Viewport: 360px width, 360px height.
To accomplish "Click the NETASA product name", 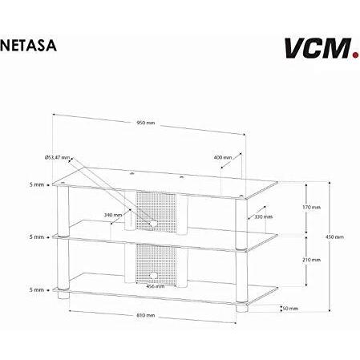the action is (x=28, y=46).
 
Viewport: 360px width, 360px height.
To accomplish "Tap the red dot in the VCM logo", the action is (x=355, y=55).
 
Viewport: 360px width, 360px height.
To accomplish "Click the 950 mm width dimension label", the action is (x=146, y=123).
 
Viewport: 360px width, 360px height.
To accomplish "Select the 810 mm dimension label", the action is (x=146, y=315).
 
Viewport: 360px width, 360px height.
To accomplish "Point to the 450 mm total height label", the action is (x=334, y=237).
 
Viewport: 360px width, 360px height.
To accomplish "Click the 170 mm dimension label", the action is (x=311, y=207).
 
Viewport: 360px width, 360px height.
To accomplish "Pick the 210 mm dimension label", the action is (x=311, y=260).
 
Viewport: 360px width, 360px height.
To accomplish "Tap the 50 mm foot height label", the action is (x=290, y=309).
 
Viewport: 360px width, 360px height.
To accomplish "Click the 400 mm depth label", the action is (x=223, y=157).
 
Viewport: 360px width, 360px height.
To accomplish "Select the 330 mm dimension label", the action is (x=264, y=216).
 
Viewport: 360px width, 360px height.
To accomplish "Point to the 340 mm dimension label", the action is (x=113, y=215).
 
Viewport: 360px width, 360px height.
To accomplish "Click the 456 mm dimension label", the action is (x=156, y=286).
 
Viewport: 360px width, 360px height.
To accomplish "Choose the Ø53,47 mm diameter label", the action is (x=57, y=157).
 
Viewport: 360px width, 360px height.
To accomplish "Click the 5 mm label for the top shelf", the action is (x=37, y=184).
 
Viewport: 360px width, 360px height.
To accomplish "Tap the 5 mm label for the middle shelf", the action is (x=37, y=237).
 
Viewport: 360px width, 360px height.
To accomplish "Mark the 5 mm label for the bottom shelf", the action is (x=37, y=289).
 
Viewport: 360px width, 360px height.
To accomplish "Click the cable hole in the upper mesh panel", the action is (x=153, y=224).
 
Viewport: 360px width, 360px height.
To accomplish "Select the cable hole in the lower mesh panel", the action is (x=153, y=275).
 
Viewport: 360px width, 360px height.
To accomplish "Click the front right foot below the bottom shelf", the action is (x=242, y=308).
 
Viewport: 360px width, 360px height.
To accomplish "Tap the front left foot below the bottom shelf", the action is (x=63, y=295).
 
